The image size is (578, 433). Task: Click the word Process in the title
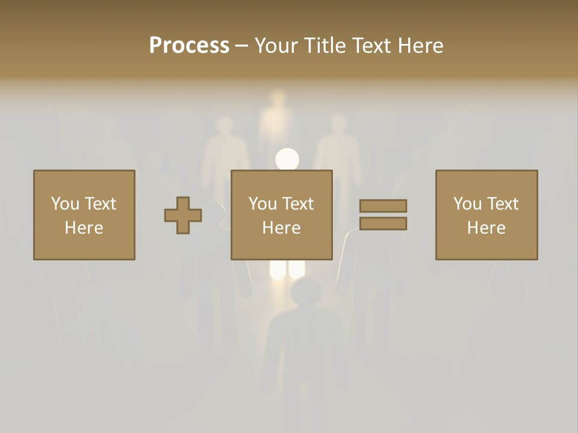click(x=189, y=45)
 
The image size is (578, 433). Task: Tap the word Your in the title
click(x=277, y=45)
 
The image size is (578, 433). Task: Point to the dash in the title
click(x=241, y=46)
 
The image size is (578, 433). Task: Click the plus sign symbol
click(x=183, y=215)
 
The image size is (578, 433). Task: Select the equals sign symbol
click(x=383, y=215)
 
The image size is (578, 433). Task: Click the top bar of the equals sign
click(x=383, y=206)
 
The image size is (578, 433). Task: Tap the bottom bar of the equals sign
click(x=383, y=224)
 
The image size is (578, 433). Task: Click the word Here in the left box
click(x=84, y=228)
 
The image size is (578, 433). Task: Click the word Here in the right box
click(x=486, y=228)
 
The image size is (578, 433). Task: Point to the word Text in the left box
click(x=101, y=204)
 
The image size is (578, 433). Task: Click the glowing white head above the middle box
click(x=287, y=159)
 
